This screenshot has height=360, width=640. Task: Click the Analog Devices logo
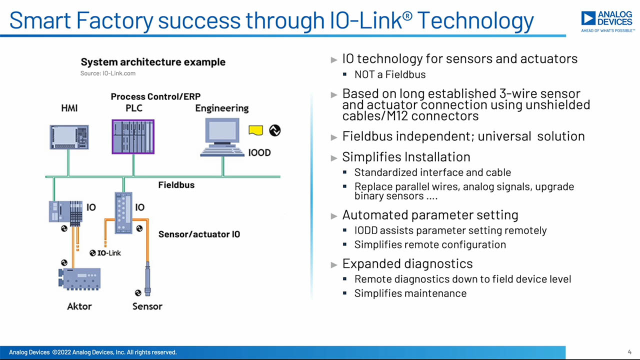[607, 21]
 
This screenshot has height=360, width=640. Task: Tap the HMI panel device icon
[69, 137]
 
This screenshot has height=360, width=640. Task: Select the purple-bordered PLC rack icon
[133, 137]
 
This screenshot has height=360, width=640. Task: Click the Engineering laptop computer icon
[222, 137]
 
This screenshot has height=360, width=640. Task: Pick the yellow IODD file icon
[255, 130]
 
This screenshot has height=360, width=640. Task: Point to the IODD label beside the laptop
[259, 152]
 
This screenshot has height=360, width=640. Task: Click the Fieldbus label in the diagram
[176, 185]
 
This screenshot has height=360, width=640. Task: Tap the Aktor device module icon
[79, 279]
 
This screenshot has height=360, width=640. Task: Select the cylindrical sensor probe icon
[147, 278]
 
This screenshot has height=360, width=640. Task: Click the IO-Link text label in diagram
[109, 253]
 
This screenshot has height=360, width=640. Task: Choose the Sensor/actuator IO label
[199, 234]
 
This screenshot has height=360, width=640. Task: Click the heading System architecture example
[153, 62]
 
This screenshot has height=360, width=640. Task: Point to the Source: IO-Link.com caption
[108, 73]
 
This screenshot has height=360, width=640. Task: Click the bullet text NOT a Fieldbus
[390, 74]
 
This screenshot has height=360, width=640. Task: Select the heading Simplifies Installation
[406, 157]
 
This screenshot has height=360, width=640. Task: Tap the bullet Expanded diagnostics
[407, 263]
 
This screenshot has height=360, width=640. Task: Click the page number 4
[629, 352]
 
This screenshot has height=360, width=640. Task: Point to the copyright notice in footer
[93, 352]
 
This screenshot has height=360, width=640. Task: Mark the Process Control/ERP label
[155, 96]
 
